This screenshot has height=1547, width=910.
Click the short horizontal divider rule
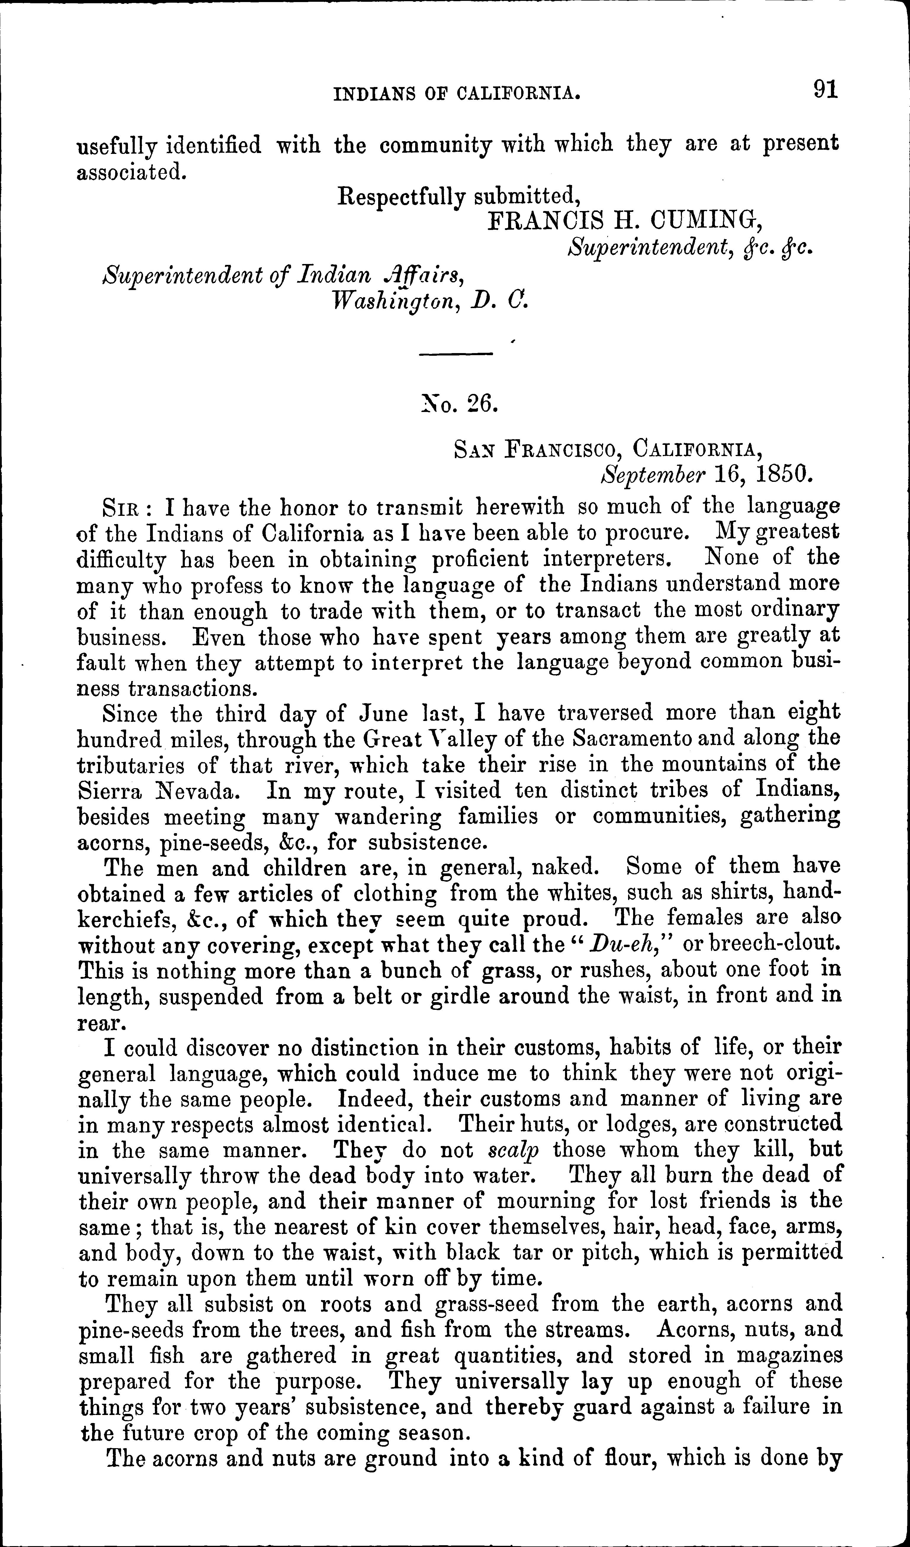(x=457, y=353)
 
